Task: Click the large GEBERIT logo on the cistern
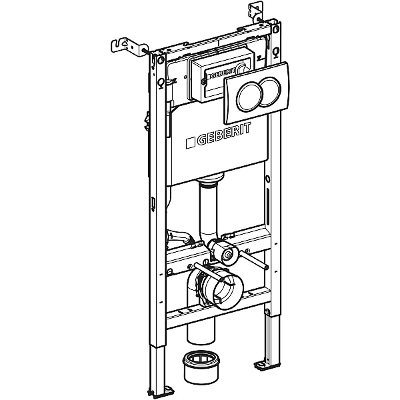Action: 219,135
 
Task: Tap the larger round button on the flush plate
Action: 249,97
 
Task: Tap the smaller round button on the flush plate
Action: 271,91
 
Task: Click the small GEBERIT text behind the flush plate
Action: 218,74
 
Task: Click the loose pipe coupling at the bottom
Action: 201,367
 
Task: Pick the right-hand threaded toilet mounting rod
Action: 253,259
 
